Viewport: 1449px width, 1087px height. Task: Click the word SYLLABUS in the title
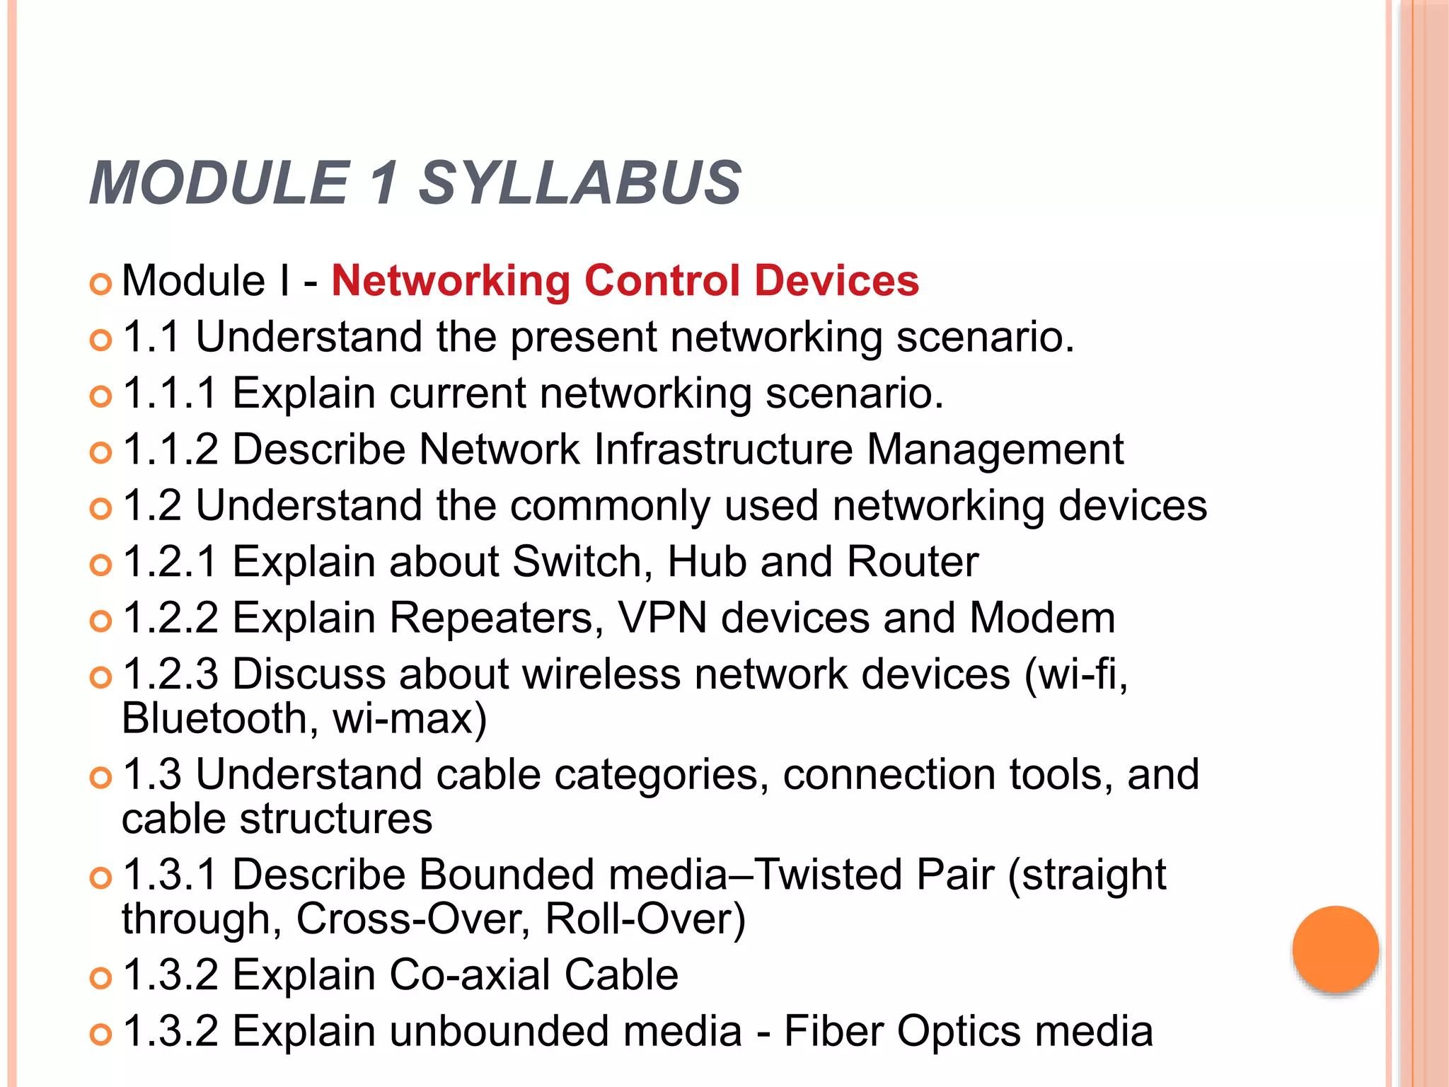579,183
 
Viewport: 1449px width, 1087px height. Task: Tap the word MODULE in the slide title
220,183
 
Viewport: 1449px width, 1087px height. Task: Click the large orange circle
1335,949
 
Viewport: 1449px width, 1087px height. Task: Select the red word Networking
451,282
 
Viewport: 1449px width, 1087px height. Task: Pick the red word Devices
836,280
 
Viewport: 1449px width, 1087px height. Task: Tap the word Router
912,562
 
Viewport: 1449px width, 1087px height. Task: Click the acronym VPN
662,618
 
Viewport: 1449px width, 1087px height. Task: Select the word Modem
1041,618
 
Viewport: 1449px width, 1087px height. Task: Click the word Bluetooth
215,719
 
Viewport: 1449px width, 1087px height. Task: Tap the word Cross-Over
412,919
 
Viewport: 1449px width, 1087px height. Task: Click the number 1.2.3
170,674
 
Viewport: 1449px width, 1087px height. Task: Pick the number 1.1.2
170,449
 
